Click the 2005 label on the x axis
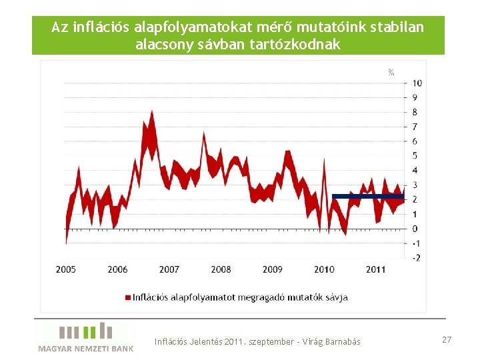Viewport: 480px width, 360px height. click(x=66, y=269)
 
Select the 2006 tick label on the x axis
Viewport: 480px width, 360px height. click(x=117, y=269)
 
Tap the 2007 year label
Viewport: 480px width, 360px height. click(x=169, y=269)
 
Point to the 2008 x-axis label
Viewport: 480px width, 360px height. click(x=221, y=269)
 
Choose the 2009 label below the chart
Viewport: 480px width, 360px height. click(x=272, y=269)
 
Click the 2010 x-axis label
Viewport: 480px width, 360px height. click(x=324, y=269)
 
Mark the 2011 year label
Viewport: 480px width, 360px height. click(x=375, y=269)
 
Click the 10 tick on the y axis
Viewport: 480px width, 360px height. click(x=417, y=83)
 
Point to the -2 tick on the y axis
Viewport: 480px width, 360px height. click(x=417, y=258)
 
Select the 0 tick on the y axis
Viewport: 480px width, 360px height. click(x=416, y=229)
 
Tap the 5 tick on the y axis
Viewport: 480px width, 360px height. click(x=416, y=156)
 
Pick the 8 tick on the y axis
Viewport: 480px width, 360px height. click(x=416, y=112)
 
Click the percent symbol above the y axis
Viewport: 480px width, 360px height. click(x=391, y=72)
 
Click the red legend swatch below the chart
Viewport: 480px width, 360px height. click(x=126, y=297)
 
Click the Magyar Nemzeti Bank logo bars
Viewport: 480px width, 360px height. click(x=86, y=331)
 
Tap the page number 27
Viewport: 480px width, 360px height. click(x=447, y=340)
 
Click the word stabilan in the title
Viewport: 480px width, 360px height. click(x=399, y=28)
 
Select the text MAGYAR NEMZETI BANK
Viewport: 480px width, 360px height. click(x=86, y=348)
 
